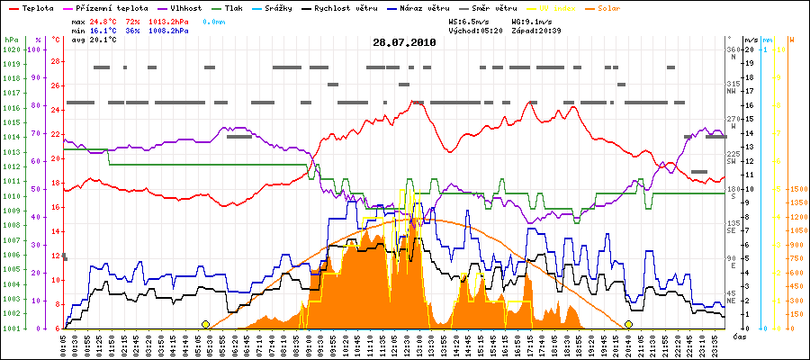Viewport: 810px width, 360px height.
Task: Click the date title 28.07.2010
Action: tap(404, 42)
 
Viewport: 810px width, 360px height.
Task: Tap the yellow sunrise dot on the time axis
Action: tap(205, 324)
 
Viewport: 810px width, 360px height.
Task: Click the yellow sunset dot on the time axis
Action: tap(628, 324)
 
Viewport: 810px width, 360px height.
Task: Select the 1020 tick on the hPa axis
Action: tap(11, 49)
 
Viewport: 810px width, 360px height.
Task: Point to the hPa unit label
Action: tap(11, 40)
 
